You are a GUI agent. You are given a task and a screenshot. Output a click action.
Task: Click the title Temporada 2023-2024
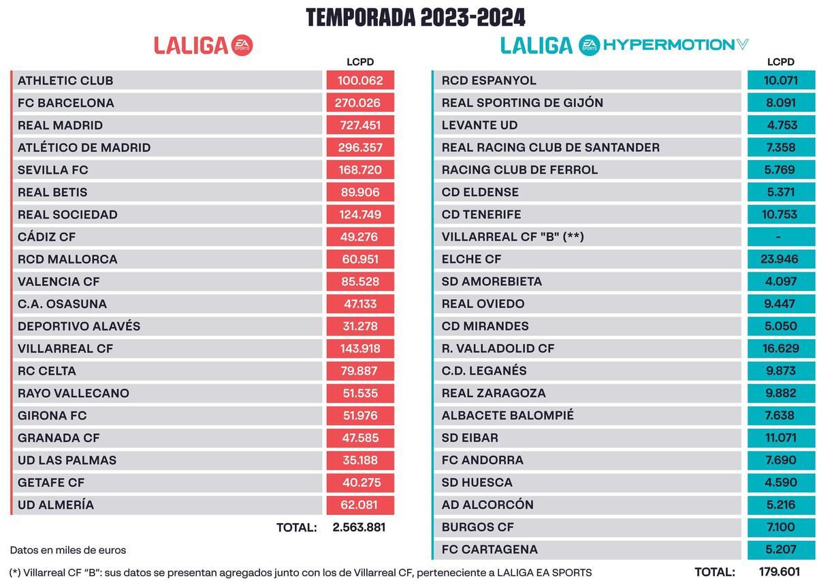tap(415, 17)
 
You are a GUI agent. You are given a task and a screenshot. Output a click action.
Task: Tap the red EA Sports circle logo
tap(242, 45)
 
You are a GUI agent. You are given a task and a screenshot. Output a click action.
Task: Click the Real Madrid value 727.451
tap(360, 125)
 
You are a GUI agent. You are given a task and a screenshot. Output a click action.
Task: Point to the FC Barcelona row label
tap(66, 103)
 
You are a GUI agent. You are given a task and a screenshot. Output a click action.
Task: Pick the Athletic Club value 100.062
tap(360, 80)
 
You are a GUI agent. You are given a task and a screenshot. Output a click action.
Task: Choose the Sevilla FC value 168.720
tap(360, 170)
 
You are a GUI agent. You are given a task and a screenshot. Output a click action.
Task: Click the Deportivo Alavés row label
tap(79, 326)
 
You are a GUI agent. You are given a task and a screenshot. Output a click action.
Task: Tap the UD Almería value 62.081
tap(360, 505)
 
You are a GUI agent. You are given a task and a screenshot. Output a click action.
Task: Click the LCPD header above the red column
tap(360, 62)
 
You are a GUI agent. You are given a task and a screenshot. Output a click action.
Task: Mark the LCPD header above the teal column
tap(780, 62)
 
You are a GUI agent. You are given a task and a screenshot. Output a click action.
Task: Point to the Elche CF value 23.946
tap(780, 260)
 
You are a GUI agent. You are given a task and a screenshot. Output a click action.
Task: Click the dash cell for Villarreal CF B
tap(780, 237)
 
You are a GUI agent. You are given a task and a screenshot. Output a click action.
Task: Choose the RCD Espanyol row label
tap(489, 80)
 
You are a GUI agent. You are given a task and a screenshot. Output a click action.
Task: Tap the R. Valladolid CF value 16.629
tap(780, 349)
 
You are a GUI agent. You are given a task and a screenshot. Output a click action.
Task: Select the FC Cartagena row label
tap(490, 550)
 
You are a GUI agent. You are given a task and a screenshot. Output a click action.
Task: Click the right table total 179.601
tap(778, 572)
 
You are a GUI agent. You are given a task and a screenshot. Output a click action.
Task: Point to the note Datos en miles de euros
tap(68, 550)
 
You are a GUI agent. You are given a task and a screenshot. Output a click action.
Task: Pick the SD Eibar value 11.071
tap(780, 438)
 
